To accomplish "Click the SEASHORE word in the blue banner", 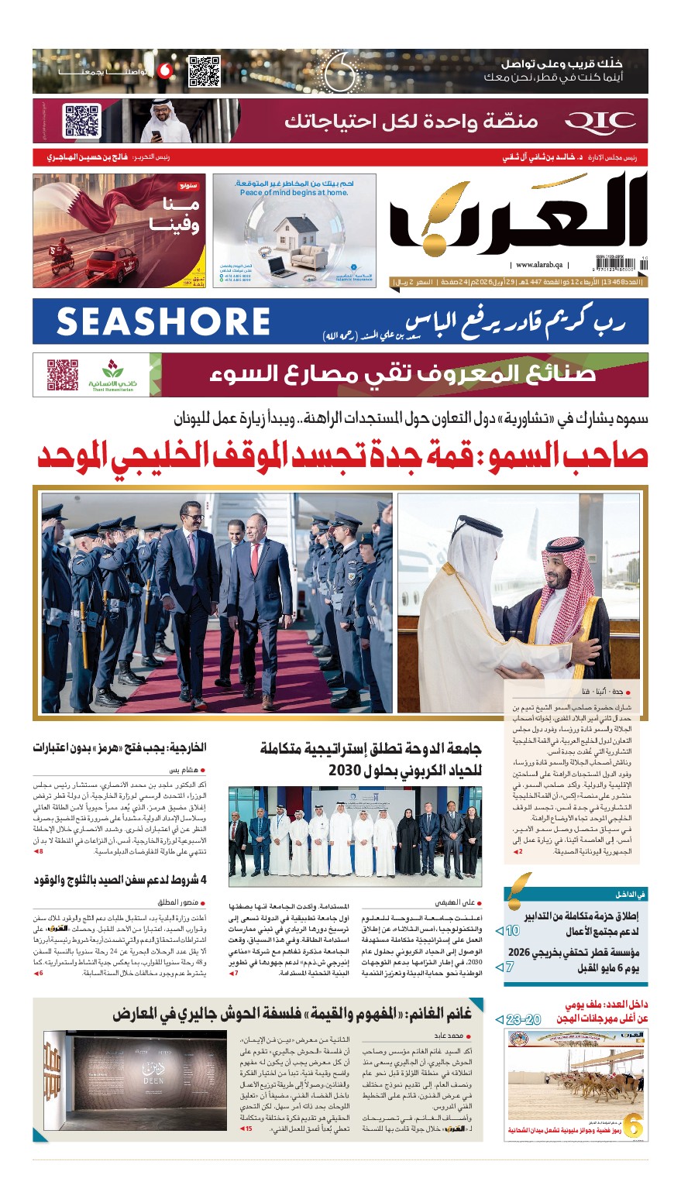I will coord(163,321).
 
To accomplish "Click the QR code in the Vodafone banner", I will coord(205,71).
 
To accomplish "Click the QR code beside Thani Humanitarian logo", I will coord(63,374).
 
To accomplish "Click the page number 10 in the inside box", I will coord(512,930).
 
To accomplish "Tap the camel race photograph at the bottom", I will coord(576,1084).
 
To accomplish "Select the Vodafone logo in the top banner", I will coord(164,71).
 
